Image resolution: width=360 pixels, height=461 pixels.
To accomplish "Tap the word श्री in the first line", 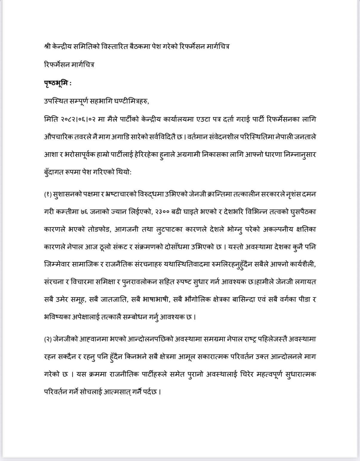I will (47, 47).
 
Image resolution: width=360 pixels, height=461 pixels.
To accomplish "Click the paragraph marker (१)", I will (48, 194).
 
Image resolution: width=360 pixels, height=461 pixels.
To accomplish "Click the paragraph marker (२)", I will (48, 339).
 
